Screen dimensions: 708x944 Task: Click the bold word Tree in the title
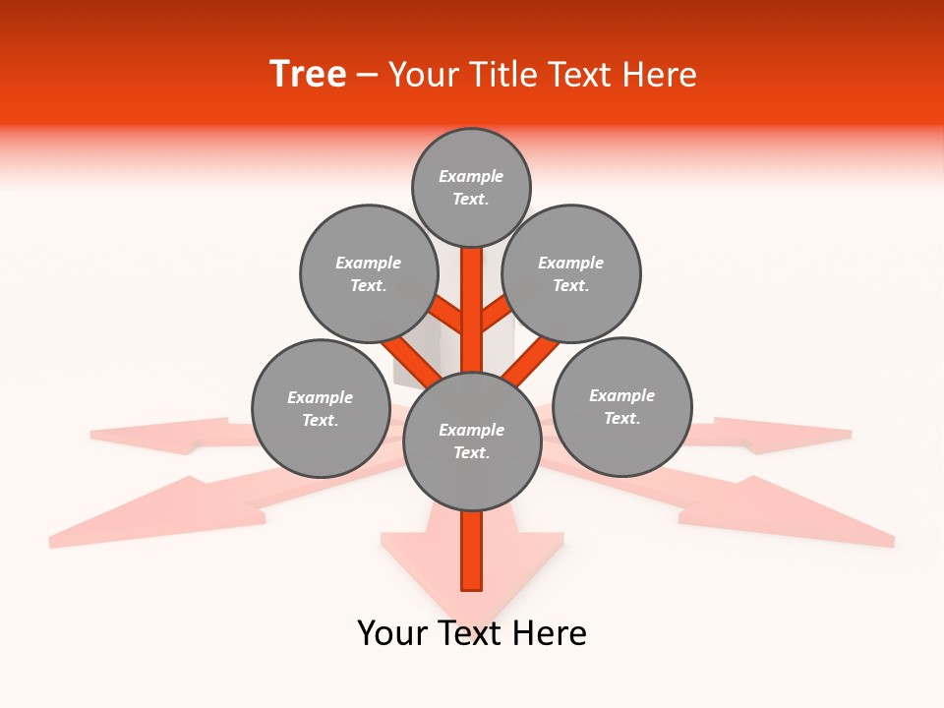tap(308, 75)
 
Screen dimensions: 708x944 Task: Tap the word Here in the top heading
tap(660, 75)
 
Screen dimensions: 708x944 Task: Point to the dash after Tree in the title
tap(368, 76)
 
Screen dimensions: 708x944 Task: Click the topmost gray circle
tap(471, 187)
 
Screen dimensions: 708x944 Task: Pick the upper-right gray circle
tap(571, 273)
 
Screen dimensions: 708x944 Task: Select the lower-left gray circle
tap(321, 408)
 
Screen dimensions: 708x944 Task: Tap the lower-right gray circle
tap(622, 406)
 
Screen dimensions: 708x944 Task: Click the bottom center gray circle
tap(472, 441)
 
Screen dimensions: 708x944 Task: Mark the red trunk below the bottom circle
tap(472, 551)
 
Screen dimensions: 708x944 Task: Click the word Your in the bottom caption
tap(391, 633)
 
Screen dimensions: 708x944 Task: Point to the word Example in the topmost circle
tap(471, 176)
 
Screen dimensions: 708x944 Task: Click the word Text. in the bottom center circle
tap(471, 452)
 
